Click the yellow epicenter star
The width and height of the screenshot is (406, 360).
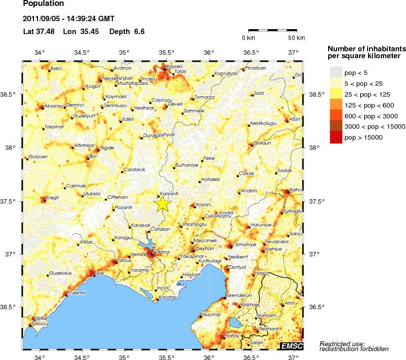tap(163, 204)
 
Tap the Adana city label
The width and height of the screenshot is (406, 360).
tap(162, 252)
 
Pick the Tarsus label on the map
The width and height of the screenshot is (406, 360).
tap(123, 260)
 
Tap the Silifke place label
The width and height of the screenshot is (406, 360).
tap(40, 319)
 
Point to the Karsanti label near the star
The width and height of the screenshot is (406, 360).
tap(169, 194)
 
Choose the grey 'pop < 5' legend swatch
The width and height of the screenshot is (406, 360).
tap(336, 72)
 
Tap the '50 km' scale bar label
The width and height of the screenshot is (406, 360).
tap(296, 38)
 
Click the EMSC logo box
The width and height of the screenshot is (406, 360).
tap(292, 346)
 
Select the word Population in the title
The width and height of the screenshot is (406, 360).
tap(43, 4)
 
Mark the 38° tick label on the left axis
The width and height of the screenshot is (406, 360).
tap(14, 147)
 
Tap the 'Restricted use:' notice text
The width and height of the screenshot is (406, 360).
tap(342, 343)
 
